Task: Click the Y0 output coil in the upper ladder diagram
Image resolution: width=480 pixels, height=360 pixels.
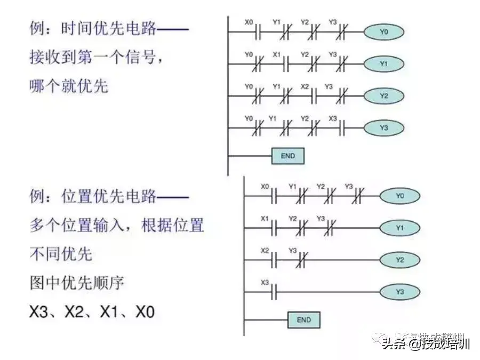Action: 383,32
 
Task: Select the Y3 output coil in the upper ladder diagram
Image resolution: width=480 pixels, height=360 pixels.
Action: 383,128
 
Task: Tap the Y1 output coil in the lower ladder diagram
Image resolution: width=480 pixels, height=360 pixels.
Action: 399,228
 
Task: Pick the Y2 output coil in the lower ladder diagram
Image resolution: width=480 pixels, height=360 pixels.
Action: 399,260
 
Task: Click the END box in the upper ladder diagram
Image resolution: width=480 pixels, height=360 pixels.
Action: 287,156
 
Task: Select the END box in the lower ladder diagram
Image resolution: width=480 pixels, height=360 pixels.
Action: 303,320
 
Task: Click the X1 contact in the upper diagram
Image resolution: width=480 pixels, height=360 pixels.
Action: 286,65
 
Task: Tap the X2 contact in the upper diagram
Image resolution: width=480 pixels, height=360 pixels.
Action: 314,97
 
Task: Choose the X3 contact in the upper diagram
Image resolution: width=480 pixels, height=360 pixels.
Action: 342,129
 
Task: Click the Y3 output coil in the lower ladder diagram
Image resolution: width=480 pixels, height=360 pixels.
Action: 399,292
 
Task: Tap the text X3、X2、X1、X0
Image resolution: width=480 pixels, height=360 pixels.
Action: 91,312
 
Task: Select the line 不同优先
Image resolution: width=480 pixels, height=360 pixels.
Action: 60,254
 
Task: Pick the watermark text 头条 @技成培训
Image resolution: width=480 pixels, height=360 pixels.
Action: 425,344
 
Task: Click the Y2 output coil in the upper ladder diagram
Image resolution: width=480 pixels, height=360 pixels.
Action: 383,96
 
